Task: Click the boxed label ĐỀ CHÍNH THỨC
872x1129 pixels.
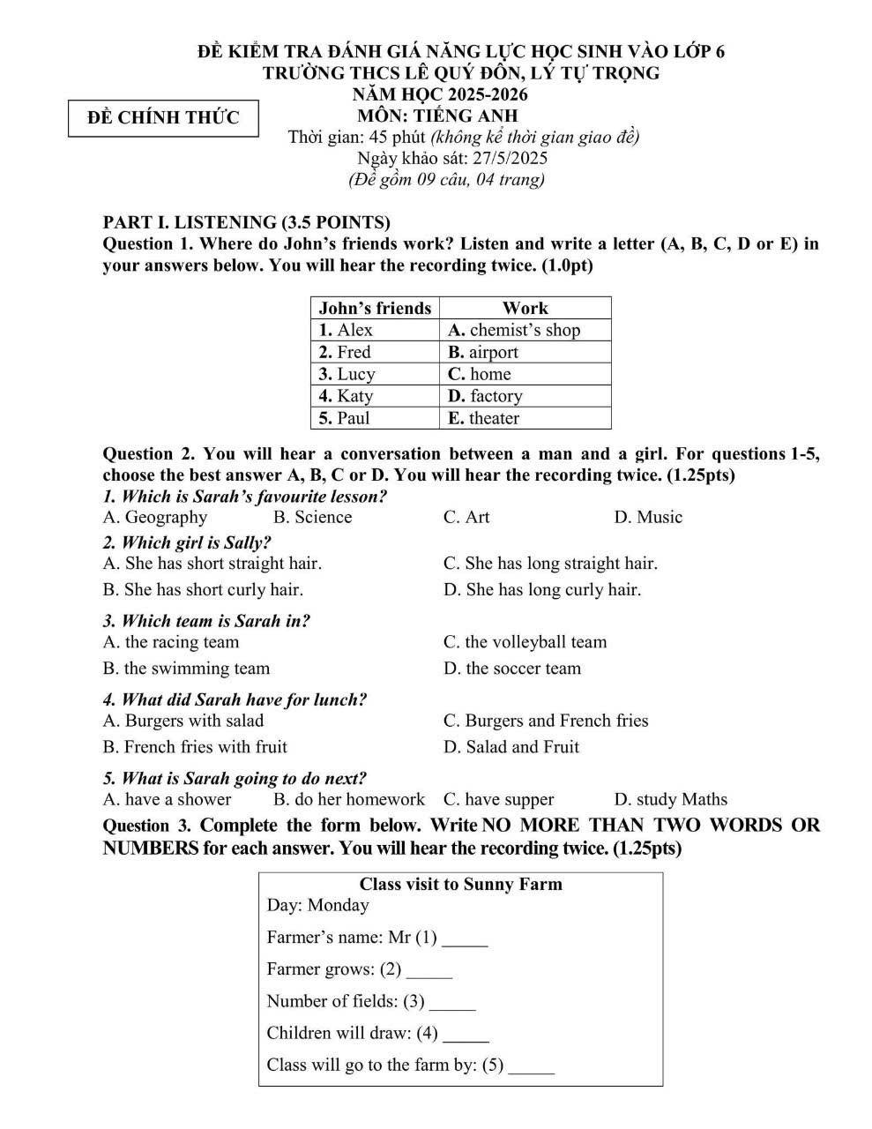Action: [x=164, y=118]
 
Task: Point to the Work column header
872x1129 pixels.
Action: [x=525, y=308]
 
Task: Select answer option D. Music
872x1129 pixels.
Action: [x=648, y=518]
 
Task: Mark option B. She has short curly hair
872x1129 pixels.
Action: [x=203, y=589]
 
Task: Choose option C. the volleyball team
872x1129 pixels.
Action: [x=525, y=642]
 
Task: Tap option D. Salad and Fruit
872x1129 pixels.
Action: [x=511, y=747]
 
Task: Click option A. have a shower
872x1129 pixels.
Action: [x=167, y=800]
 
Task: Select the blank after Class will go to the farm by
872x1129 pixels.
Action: [x=532, y=1067]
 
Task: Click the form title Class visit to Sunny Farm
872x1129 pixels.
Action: [x=460, y=884]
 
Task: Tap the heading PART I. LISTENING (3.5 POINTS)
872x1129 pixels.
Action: [x=247, y=222]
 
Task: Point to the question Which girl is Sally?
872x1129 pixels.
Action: [x=187, y=542]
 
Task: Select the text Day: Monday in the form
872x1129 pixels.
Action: [x=317, y=905]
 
